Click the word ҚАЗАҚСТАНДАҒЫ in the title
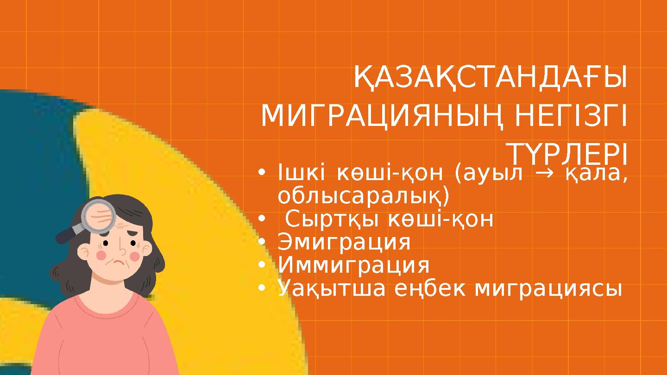490,78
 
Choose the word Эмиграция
344,242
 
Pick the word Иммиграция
353,266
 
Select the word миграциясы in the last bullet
549,289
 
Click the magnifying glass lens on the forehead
99,215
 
